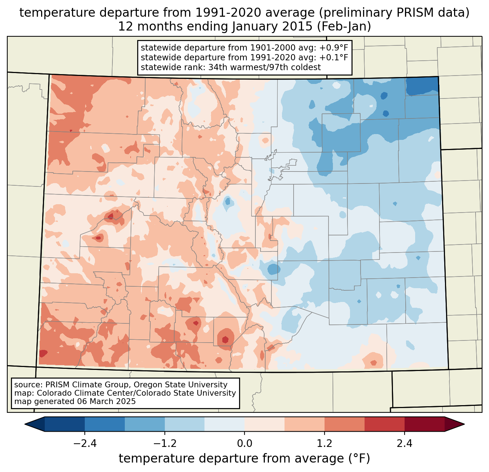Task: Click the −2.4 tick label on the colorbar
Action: pyautogui.click(x=85, y=444)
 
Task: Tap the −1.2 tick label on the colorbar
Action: pyautogui.click(x=165, y=444)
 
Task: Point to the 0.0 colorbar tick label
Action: pyautogui.click(x=244, y=444)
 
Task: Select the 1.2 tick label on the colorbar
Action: pyautogui.click(x=325, y=444)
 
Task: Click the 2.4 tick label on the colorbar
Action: pyautogui.click(x=404, y=444)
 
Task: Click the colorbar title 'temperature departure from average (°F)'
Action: pyautogui.click(x=244, y=459)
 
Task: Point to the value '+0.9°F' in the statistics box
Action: pyautogui.click(x=334, y=48)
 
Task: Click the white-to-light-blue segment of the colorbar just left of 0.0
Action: pyautogui.click(x=224, y=424)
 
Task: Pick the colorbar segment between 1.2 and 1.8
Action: pyautogui.click(x=344, y=424)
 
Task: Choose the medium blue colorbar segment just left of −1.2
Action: pyautogui.click(x=145, y=424)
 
